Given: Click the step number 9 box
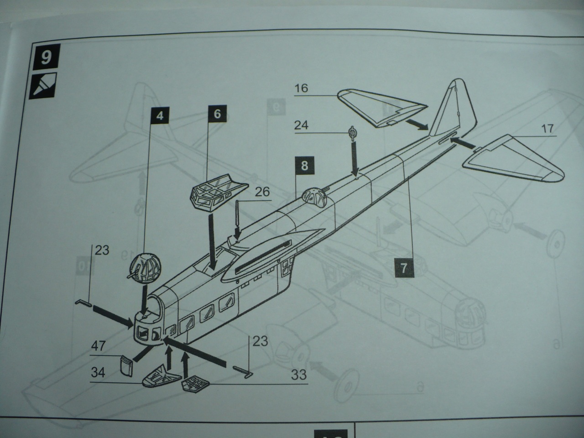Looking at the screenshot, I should [46, 59].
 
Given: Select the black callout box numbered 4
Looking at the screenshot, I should [159, 115].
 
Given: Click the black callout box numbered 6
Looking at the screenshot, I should [217, 114].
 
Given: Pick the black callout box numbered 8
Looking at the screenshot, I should [305, 166].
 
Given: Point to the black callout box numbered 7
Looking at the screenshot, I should [403, 268].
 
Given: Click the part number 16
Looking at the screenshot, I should [301, 88].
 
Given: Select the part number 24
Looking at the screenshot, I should [301, 125].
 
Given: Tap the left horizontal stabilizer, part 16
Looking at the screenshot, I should [381, 109].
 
